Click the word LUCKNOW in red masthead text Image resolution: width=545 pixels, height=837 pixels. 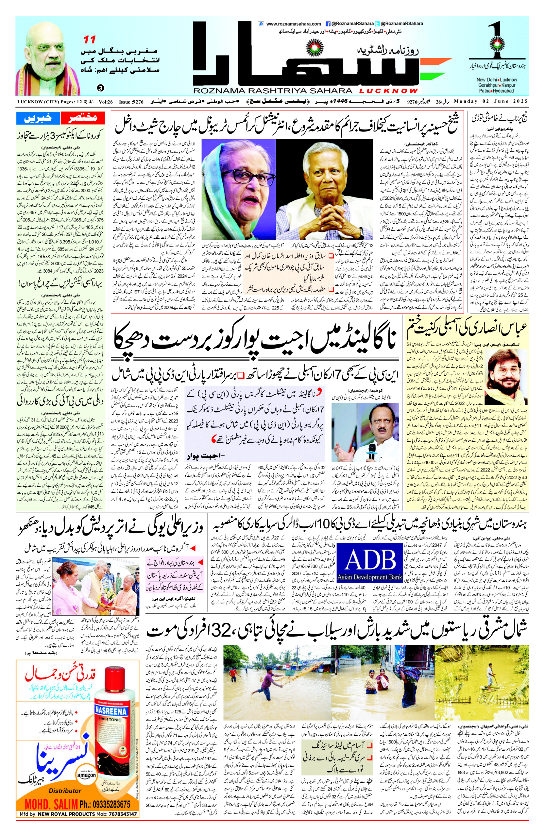click(388, 91)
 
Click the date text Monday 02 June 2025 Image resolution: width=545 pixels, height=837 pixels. click(491, 101)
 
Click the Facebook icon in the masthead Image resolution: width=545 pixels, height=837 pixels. click(328, 24)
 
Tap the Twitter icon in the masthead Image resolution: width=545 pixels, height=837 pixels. click(377, 24)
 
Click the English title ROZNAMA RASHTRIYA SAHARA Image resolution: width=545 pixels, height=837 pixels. click(274, 91)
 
